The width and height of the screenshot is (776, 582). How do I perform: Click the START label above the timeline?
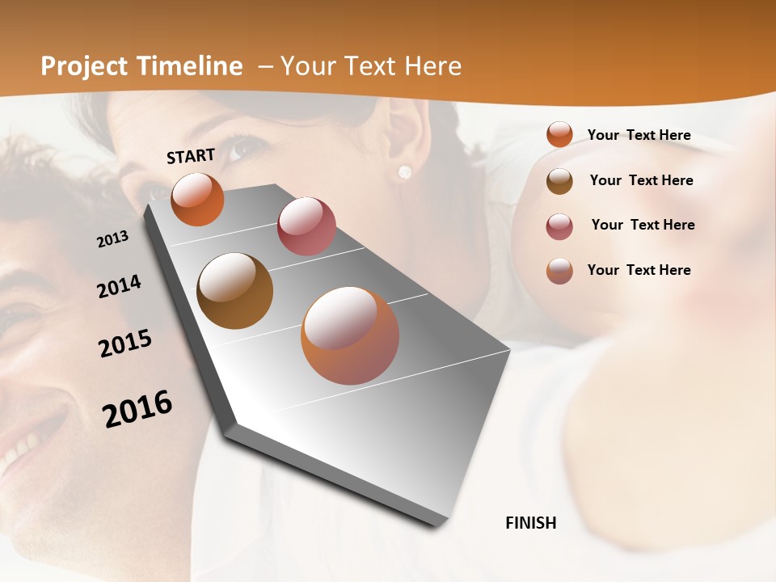[191, 156]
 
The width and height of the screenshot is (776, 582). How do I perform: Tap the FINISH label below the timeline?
[530, 523]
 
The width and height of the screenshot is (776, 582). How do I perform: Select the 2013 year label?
[112, 239]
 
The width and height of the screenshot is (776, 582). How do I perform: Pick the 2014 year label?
[119, 287]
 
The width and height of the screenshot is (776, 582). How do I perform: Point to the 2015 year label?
[125, 344]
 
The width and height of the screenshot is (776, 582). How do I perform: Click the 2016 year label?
[137, 409]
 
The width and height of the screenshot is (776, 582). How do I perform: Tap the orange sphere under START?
[197, 199]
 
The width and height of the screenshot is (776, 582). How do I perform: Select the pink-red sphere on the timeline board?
[306, 226]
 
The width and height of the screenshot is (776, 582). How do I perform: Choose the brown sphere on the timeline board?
[234, 291]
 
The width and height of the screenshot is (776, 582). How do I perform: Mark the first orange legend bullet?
[559, 135]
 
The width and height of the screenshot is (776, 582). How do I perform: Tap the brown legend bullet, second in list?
[559, 180]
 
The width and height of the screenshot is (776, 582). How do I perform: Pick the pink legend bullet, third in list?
[559, 226]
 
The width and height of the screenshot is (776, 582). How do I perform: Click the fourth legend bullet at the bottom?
[559, 271]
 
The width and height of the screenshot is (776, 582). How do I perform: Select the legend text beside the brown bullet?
[641, 180]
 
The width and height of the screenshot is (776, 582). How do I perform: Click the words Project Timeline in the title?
[141, 66]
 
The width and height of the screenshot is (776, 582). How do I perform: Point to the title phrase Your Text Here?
[370, 66]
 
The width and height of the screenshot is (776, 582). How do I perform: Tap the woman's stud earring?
[404, 171]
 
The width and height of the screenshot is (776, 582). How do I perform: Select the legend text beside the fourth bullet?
[639, 270]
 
